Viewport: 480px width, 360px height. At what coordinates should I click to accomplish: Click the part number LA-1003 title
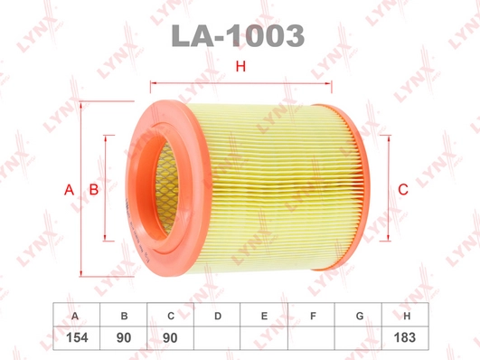coord(238,36)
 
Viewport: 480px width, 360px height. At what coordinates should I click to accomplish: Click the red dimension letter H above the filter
coord(241,66)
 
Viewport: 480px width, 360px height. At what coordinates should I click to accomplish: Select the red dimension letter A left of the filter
coord(70,190)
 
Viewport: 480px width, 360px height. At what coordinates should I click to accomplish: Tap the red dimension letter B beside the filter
coord(94,190)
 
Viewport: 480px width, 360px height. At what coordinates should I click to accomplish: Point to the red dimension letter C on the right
coord(403,189)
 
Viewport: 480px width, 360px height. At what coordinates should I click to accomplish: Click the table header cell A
coord(76,315)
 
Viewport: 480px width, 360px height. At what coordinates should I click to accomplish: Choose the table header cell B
coord(123,315)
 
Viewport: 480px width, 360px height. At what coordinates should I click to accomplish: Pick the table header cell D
coord(217,315)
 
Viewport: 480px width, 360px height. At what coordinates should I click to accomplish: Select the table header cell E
coord(264,315)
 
